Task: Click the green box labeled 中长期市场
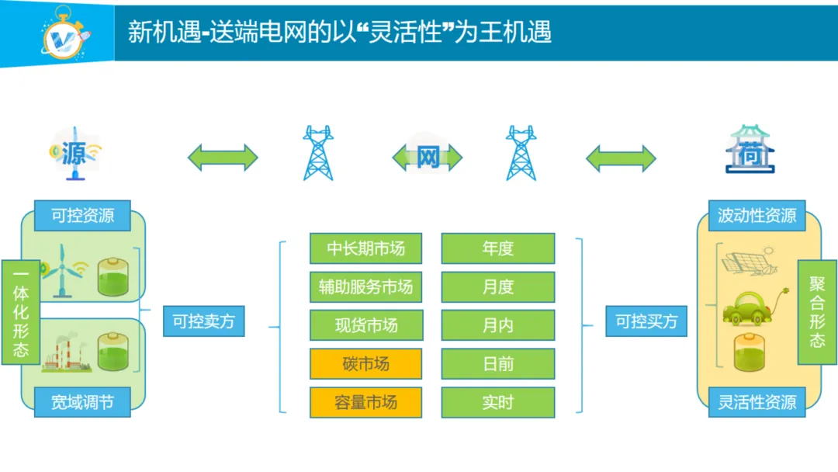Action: coord(365,248)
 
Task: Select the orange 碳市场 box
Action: coord(365,364)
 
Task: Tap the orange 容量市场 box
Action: coord(365,402)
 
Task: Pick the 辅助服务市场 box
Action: coord(365,287)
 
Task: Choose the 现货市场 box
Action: coord(365,325)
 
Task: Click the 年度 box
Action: coord(498,248)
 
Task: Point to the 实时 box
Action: coord(498,402)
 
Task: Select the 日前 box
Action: coord(498,364)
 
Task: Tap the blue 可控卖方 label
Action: coord(203,321)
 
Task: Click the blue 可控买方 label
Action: coord(646,321)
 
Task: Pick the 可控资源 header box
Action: coord(82,216)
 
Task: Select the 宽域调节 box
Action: coord(82,402)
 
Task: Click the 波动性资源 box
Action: coord(757,216)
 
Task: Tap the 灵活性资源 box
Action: coord(757,402)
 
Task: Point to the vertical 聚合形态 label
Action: coord(817,311)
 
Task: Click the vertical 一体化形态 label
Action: coord(21,313)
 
